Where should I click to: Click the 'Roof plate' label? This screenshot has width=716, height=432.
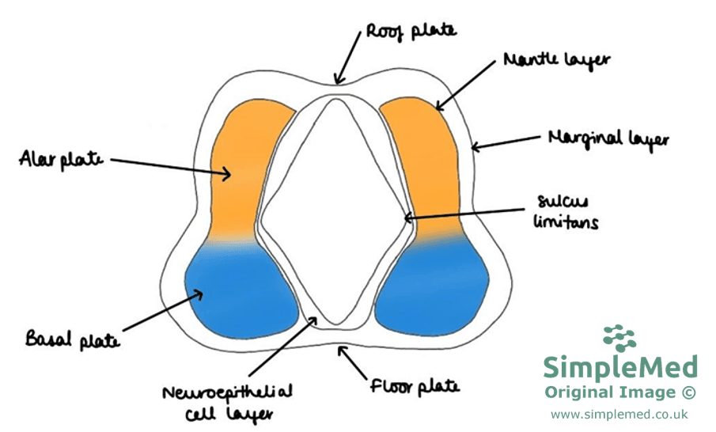411,32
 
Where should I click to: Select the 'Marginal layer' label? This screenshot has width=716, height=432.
608,138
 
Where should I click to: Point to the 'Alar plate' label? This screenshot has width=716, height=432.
62,159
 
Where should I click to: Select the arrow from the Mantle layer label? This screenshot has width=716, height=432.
468,84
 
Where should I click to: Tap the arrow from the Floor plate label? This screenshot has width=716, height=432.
355,361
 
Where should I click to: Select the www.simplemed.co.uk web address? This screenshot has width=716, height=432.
619,414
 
